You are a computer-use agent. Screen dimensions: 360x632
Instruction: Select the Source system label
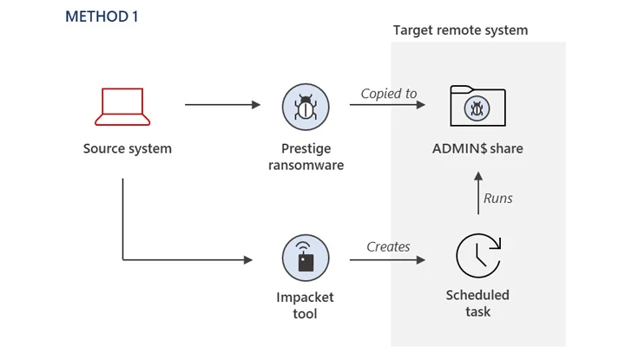click(128, 148)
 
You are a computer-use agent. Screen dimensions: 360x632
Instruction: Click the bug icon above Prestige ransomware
click(306, 107)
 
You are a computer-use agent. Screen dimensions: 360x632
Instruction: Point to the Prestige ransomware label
click(306, 157)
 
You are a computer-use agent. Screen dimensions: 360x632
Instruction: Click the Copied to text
click(389, 94)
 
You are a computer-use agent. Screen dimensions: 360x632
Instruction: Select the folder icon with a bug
click(477, 106)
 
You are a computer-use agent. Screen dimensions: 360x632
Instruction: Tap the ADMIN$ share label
click(477, 148)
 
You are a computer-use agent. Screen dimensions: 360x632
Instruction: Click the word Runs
click(497, 199)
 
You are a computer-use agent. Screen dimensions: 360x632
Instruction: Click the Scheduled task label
click(477, 303)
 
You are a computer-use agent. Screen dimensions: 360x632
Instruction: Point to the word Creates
click(388, 247)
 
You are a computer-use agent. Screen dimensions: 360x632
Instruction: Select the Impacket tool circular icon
click(306, 259)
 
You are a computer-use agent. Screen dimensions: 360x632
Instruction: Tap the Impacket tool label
click(306, 305)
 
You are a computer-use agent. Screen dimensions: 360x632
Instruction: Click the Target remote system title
click(460, 30)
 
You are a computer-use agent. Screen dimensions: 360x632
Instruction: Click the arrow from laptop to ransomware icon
click(222, 105)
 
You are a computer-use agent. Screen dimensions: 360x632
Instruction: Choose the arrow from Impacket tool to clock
click(387, 259)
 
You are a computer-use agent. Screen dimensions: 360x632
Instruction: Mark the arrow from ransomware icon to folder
click(387, 105)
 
